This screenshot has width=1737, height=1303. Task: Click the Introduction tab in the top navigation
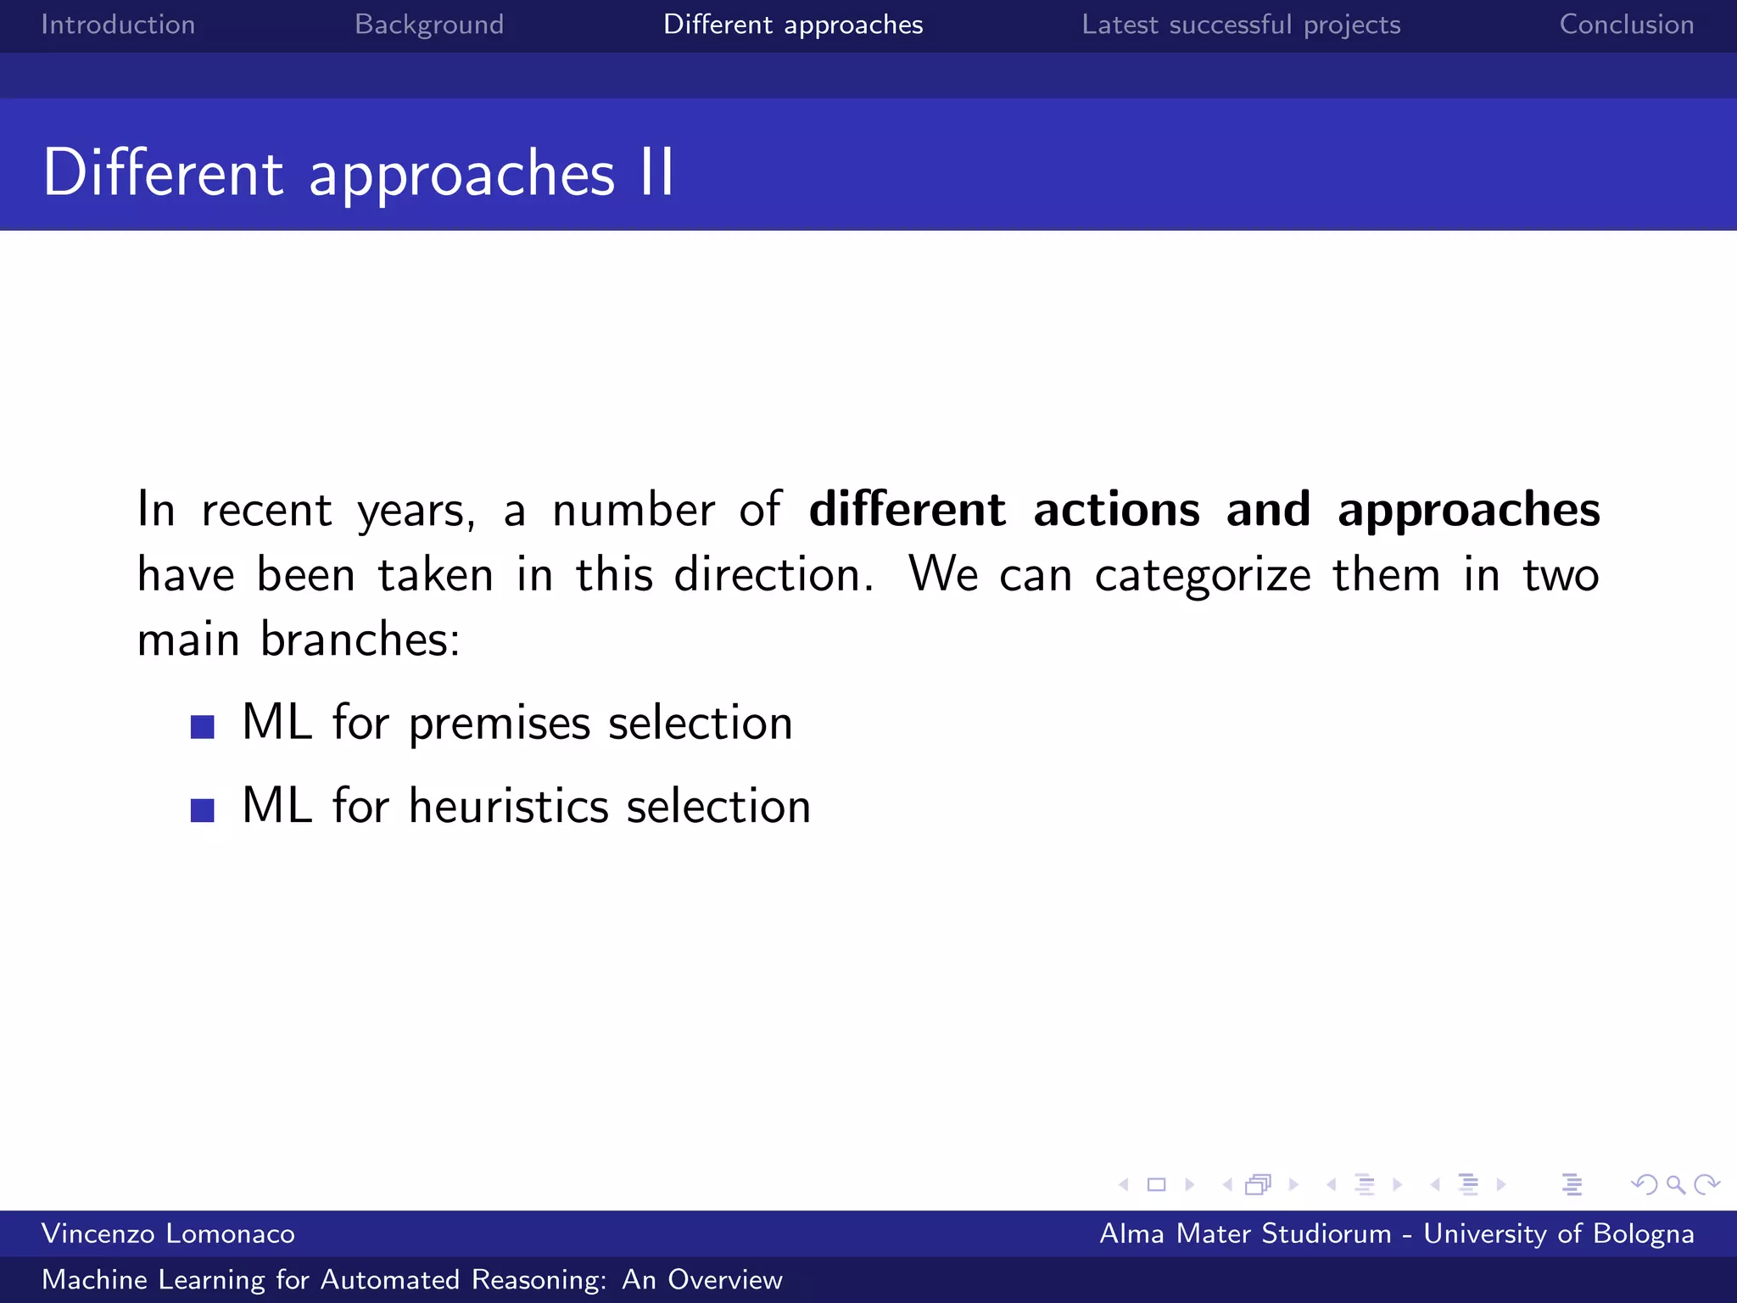(x=118, y=25)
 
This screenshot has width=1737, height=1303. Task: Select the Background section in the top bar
(x=429, y=25)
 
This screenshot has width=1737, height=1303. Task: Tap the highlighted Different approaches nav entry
(x=793, y=25)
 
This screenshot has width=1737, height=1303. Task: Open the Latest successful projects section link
(x=1241, y=25)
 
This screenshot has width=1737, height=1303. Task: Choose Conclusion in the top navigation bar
(x=1626, y=25)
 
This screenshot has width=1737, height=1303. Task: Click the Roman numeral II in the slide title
(x=657, y=173)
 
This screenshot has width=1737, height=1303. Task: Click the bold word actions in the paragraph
(x=1116, y=509)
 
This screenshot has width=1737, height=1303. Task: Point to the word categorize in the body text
(x=1203, y=575)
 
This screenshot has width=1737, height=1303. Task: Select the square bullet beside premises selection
(x=203, y=727)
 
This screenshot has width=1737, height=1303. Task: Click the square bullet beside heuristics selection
(x=203, y=810)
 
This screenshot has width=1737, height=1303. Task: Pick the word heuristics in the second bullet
(x=509, y=806)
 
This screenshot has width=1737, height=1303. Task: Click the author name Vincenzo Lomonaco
(x=168, y=1233)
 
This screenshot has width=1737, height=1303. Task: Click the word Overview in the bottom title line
(x=724, y=1279)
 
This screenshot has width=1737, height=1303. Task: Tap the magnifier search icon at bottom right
(x=1675, y=1184)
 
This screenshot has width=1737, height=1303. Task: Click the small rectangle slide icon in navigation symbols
(x=1156, y=1184)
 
